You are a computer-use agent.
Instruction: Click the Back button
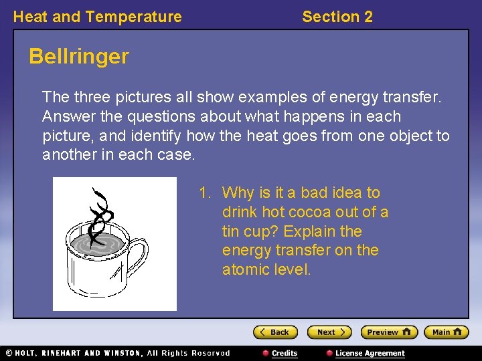click(x=274, y=332)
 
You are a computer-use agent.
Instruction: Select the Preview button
click(x=389, y=332)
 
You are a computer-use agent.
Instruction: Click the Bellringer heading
click(x=78, y=57)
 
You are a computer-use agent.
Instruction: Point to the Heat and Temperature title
click(x=97, y=17)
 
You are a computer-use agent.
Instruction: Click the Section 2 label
click(x=337, y=17)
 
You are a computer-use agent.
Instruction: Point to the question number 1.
click(x=204, y=193)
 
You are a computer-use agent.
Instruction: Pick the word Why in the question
click(x=237, y=193)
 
